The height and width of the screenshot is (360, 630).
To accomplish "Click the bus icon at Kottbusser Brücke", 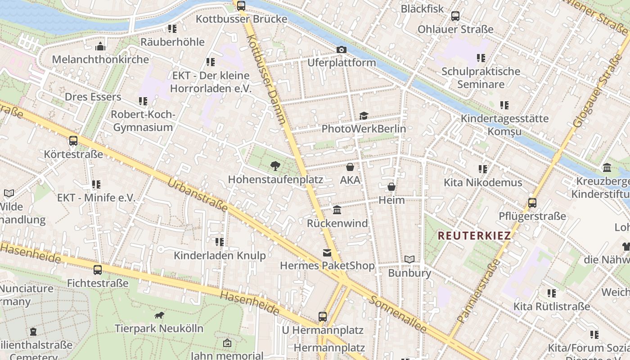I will coord(241,6).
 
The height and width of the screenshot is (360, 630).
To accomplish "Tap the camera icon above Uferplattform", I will coord(342,49).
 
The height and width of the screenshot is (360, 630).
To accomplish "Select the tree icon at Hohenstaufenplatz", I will coord(275,166).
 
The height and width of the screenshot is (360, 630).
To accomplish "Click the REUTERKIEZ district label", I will coord(474,236).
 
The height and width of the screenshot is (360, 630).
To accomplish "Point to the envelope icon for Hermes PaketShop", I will coord(327,253).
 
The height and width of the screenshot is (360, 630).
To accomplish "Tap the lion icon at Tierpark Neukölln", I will coord(159,315).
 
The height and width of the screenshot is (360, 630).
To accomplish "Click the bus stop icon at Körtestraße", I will coord(73,141).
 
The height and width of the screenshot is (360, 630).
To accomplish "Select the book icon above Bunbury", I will coord(409,260).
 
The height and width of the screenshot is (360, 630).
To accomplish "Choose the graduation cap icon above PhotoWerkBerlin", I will coord(364,116).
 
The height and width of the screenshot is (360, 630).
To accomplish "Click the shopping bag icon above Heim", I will coord(391,187).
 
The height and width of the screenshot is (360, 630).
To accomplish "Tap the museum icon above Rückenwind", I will coord(337,210).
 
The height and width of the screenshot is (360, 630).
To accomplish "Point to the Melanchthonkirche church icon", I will coord(100,46).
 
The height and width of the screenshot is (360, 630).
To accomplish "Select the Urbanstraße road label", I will coord(198,196).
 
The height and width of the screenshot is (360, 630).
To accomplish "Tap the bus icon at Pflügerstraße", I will coord(532,203).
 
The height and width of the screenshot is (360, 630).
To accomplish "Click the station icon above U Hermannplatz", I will coord(323,316).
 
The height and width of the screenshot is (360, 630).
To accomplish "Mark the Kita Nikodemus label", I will coord(483,183).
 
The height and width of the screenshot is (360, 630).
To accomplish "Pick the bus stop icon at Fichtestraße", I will coord(98,270).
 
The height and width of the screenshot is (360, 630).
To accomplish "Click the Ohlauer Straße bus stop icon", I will coord(455,16).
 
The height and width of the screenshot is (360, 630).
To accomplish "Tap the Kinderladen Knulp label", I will coord(220,256).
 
